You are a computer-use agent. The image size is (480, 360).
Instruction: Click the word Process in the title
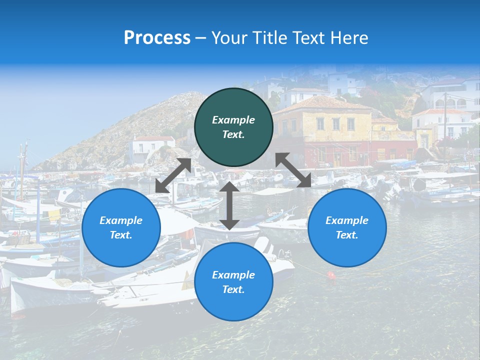pos(157,38)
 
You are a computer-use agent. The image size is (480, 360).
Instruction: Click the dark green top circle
pos(233,127)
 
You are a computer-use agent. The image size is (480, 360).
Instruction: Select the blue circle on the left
pos(121,227)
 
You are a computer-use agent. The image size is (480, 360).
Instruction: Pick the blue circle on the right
pos(347,227)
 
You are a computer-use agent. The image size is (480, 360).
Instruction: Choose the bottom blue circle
pos(233,282)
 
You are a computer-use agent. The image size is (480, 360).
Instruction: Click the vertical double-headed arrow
pos(229,205)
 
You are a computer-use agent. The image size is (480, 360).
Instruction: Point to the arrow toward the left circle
pos(173,175)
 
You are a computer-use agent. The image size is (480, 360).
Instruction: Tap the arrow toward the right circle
pos(293,170)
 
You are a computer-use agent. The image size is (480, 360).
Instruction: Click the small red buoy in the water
pos(330,274)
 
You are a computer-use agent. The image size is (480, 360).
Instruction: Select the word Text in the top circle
pos(233,134)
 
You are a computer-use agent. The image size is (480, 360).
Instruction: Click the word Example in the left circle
pos(121,220)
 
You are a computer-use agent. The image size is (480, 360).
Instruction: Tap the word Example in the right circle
pos(347,220)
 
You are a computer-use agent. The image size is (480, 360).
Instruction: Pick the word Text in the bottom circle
pos(233,289)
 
